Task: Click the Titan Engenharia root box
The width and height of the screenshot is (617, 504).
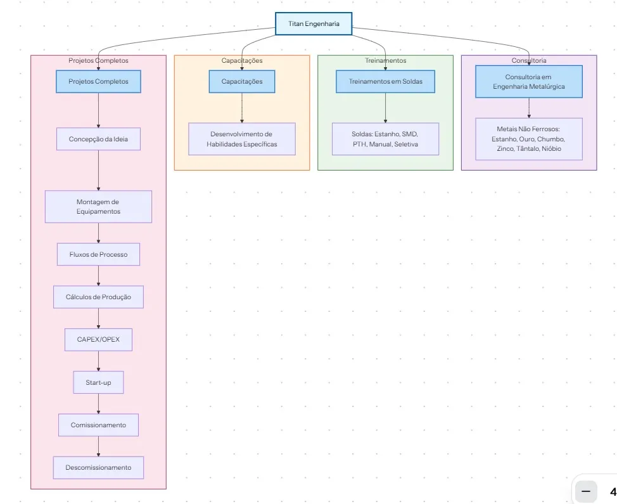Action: (x=314, y=24)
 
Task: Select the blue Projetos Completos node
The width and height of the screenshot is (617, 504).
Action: (x=98, y=82)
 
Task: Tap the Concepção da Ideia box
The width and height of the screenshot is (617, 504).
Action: (x=98, y=139)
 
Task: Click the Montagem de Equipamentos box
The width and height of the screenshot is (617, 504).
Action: (x=98, y=207)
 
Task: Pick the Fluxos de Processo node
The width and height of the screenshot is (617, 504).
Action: (x=98, y=254)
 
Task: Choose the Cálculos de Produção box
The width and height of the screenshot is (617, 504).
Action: (x=98, y=297)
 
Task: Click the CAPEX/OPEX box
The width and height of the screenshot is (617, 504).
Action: (x=98, y=339)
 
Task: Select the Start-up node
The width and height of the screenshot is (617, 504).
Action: (x=98, y=382)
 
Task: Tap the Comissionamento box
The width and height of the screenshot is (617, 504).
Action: (x=98, y=425)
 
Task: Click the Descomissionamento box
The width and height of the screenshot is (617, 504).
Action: (x=98, y=467)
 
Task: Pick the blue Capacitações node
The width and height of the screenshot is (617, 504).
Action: (x=242, y=82)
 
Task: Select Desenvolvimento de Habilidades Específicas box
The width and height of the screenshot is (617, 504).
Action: (x=242, y=139)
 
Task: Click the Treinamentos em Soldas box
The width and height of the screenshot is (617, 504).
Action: (x=385, y=82)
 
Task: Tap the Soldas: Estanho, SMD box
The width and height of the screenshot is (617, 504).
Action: (x=385, y=139)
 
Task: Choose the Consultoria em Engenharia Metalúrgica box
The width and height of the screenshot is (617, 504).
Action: (x=529, y=82)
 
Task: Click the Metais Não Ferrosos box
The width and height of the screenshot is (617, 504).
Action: (x=529, y=139)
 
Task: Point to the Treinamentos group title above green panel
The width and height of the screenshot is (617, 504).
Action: (x=385, y=61)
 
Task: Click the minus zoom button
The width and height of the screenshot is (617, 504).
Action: (x=585, y=491)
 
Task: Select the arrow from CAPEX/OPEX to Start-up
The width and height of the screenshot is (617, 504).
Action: (x=98, y=361)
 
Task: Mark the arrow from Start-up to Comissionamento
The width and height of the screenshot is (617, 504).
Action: (x=98, y=404)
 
